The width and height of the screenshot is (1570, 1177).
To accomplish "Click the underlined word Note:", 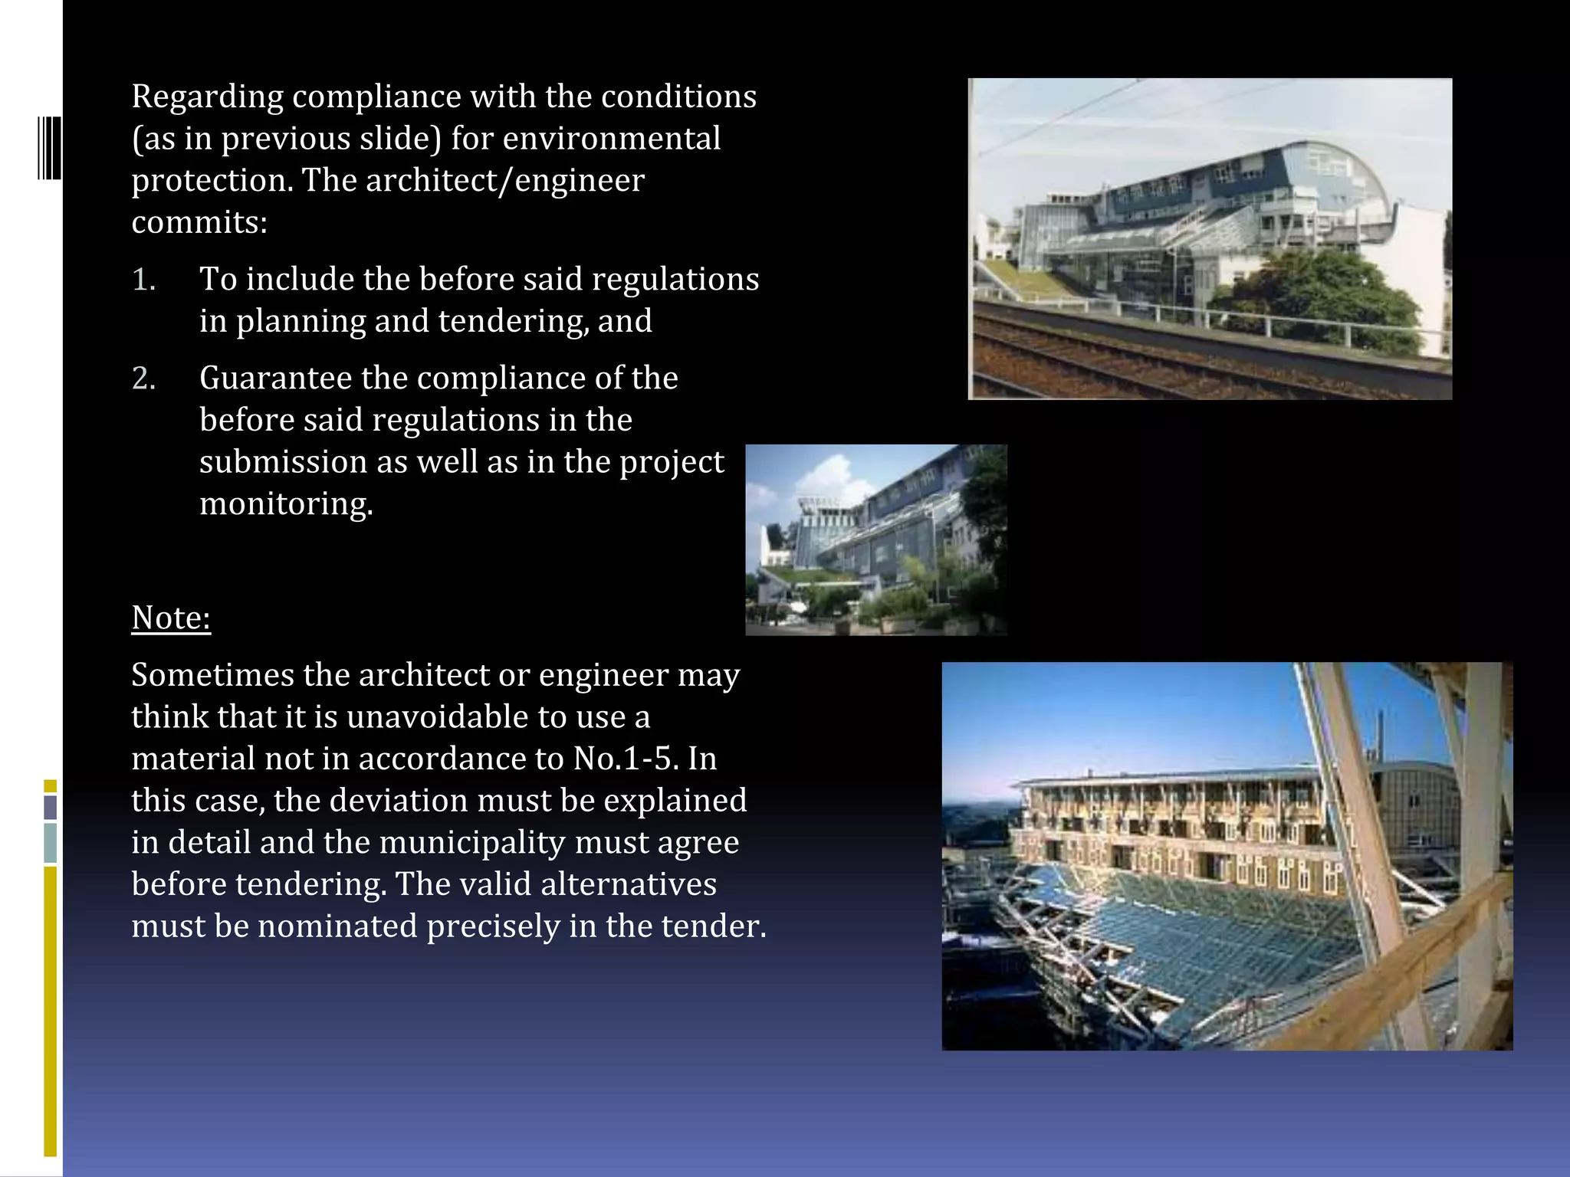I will [171, 618].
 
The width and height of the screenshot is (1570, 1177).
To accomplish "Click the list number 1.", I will [143, 280].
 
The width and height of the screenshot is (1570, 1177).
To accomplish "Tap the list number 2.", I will [144, 379].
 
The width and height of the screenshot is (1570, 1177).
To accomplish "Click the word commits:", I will [199, 222].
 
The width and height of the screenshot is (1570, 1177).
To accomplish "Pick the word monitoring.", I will [286, 504].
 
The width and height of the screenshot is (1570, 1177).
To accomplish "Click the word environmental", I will [611, 139].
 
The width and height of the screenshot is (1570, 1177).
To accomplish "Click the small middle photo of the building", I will [876, 540].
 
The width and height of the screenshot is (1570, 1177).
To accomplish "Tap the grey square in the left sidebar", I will [51, 807].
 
